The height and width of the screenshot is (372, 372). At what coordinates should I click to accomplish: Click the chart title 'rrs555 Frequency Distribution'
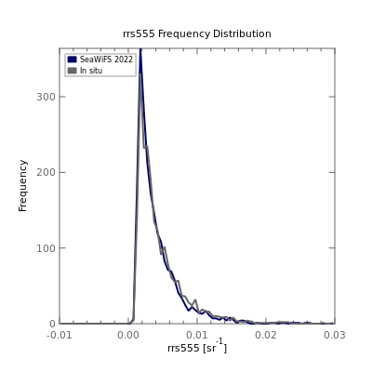(197, 33)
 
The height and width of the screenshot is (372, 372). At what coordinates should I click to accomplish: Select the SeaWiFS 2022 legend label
(106, 60)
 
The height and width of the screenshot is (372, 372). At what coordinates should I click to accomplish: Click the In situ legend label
(91, 71)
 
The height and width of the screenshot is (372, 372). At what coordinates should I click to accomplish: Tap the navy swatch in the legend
(72, 60)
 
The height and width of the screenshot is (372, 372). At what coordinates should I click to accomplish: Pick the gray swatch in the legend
(72, 71)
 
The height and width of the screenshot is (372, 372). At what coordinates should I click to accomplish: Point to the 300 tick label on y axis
(46, 97)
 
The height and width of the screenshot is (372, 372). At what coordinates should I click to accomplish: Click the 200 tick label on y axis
(46, 172)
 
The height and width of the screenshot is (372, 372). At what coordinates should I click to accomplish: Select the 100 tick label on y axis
(46, 248)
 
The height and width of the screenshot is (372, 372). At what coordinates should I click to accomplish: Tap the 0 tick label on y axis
(52, 324)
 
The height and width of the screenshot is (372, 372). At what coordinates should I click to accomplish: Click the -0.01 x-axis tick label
(60, 335)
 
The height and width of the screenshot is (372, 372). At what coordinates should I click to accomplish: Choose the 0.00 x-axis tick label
(128, 335)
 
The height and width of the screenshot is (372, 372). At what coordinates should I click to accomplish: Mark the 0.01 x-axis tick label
(197, 335)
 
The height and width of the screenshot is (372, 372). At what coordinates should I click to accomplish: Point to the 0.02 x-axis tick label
(266, 335)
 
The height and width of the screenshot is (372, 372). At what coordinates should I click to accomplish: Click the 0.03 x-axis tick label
(335, 335)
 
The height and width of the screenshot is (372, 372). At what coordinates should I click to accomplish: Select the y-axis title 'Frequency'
(23, 186)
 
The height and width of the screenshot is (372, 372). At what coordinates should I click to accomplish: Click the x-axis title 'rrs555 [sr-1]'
(197, 346)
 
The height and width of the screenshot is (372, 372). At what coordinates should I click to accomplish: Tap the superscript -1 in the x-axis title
(219, 341)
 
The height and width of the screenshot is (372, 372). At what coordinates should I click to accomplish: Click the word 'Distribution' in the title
(242, 33)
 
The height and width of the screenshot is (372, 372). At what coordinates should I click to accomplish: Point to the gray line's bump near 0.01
(195, 300)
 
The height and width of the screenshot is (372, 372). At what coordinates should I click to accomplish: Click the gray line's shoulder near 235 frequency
(145, 147)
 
